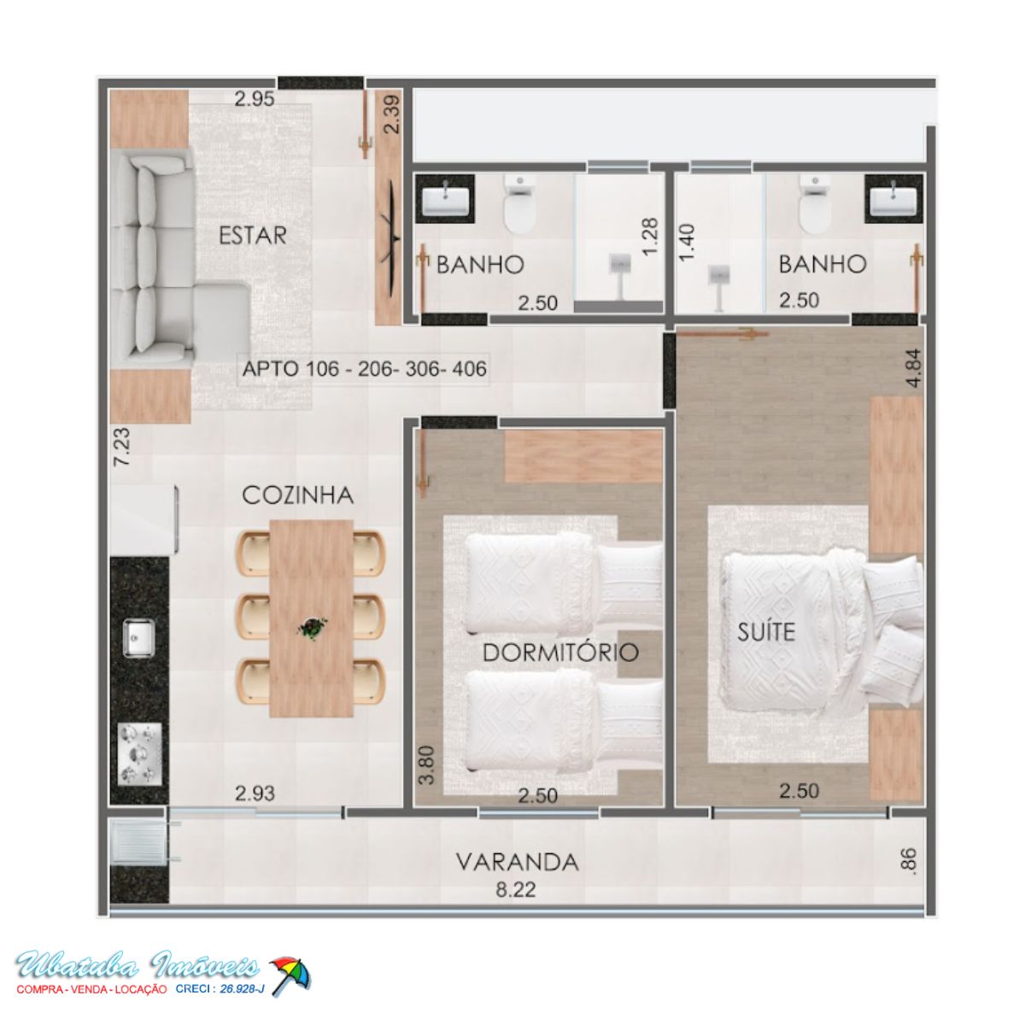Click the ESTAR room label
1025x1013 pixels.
click(253, 235)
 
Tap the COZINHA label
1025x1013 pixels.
click(298, 495)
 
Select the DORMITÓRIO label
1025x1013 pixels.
click(560, 653)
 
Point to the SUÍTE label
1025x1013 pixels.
click(766, 631)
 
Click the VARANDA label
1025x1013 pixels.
click(518, 862)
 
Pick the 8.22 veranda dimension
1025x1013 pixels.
click(516, 889)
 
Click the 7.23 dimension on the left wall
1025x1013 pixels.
click(122, 447)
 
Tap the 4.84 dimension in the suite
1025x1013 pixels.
click(914, 367)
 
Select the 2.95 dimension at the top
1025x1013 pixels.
click(255, 99)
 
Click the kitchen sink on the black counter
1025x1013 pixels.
click(139, 637)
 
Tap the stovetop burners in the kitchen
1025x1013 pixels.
click(139, 754)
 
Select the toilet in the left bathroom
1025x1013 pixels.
click(519, 205)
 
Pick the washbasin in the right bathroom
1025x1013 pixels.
click(893, 200)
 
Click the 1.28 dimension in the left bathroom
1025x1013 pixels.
click(650, 237)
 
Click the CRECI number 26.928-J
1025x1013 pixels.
click(242, 989)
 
